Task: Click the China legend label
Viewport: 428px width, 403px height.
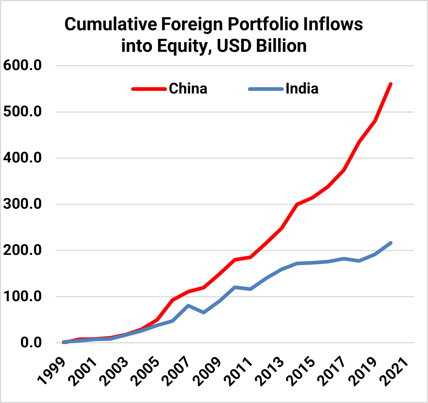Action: click(188, 89)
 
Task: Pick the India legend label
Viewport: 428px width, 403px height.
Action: click(302, 89)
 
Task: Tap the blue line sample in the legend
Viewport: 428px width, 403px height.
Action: click(266, 89)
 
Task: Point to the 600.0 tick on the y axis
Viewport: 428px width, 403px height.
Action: click(22, 66)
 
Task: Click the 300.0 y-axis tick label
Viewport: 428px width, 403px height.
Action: click(22, 204)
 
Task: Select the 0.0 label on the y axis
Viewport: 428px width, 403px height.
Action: click(31, 343)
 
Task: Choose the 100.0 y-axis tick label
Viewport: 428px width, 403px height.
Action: click(22, 296)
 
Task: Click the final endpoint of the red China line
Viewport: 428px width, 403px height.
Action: click(391, 84)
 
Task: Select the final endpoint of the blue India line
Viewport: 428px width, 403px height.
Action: click(391, 243)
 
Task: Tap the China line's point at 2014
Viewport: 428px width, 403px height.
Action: click(297, 204)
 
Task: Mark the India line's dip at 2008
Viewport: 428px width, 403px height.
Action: click(204, 313)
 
